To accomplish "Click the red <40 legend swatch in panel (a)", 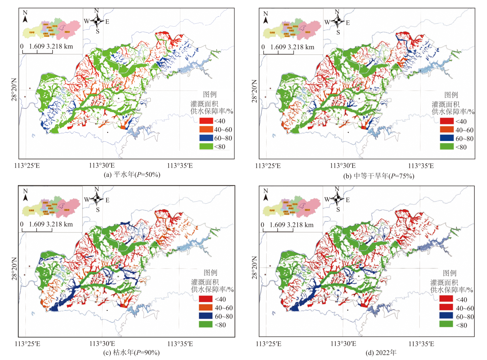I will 206,121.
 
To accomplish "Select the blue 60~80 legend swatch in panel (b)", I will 447,138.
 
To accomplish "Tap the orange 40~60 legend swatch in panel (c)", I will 206,307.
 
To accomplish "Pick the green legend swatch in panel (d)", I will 446,324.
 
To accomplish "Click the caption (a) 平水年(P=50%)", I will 132,174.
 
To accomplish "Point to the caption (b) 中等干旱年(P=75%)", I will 379,176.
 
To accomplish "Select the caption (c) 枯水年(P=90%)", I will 131,352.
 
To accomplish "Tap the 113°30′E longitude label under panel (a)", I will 102,165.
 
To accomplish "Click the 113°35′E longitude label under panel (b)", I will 421,166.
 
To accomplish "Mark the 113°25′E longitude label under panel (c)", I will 27,344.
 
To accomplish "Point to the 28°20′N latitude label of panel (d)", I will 254,268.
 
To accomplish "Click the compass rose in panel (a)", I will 97,21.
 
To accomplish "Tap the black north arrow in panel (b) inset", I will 266,20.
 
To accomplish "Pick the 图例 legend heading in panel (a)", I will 210,94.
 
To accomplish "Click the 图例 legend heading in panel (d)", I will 450,273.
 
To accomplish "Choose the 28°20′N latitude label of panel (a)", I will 14,90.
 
